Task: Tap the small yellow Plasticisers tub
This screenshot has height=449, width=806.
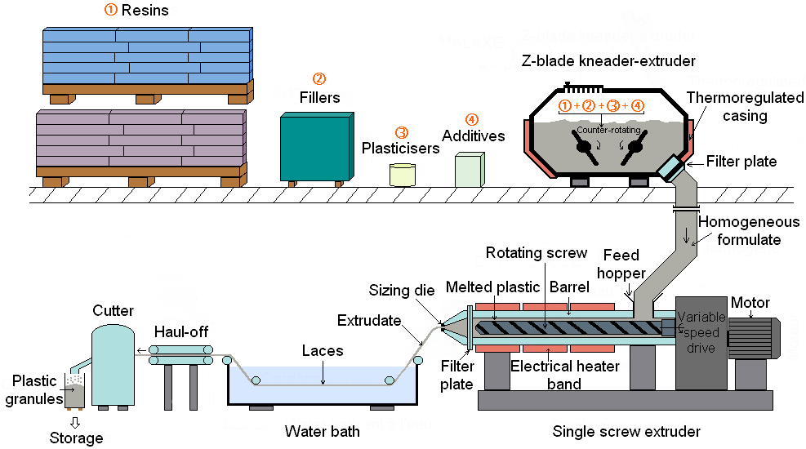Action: (403, 174)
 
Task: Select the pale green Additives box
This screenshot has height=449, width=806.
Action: (471, 171)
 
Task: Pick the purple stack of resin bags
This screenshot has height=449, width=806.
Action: (140, 140)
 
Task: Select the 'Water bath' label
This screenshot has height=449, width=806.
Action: (322, 431)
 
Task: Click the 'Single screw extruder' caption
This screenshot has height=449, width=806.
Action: (626, 431)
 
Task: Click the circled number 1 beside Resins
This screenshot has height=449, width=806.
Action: (110, 10)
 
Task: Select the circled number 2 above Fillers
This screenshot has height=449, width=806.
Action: (319, 79)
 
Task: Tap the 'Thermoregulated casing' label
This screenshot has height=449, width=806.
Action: (727, 107)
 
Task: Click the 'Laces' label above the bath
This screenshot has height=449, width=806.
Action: (322, 350)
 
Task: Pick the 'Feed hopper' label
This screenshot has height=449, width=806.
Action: (625, 264)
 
